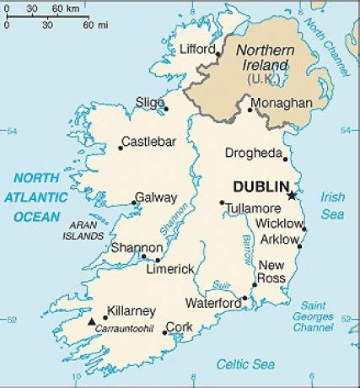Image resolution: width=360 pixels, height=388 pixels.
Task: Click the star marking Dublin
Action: point(291,196)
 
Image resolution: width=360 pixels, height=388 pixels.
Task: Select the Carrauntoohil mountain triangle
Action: point(91,321)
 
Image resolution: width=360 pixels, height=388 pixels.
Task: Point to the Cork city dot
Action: point(164,332)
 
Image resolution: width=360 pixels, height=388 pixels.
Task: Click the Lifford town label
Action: point(199,50)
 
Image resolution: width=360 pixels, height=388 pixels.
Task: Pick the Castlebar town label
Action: point(149,141)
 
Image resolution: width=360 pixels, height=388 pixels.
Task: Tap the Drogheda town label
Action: point(253,153)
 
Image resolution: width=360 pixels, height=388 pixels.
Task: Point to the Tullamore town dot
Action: point(221,202)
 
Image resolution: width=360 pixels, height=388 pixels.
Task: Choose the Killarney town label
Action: point(129,309)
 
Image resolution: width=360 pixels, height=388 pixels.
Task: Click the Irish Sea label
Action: point(332,206)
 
